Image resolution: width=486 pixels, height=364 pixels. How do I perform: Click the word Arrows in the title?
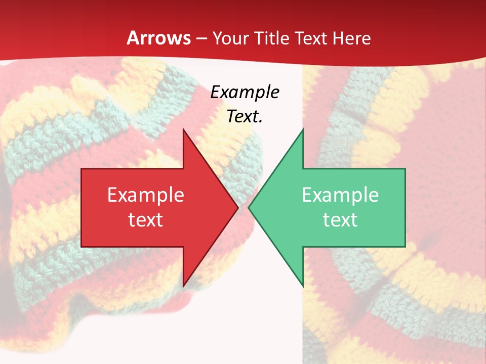click(x=158, y=38)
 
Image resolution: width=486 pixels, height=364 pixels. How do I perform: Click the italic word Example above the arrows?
click(x=245, y=92)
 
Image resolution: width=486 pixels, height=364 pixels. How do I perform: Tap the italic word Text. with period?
click(x=245, y=116)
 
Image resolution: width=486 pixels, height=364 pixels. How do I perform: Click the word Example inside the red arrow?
click(x=146, y=195)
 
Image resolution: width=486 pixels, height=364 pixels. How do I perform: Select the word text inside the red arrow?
click(x=146, y=219)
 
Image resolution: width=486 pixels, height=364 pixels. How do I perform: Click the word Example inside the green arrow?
click(x=340, y=195)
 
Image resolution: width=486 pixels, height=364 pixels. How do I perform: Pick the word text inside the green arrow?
click(x=340, y=219)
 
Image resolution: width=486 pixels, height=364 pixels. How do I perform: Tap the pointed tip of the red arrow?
click(x=238, y=207)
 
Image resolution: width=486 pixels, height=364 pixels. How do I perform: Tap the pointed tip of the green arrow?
click(x=249, y=207)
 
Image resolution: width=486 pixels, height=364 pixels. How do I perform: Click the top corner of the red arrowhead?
click(x=183, y=129)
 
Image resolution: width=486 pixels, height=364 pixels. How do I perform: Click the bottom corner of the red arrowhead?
click(x=183, y=286)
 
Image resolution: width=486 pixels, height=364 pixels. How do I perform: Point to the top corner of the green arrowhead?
click(x=303, y=129)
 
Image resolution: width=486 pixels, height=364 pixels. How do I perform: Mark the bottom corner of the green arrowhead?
click(x=303, y=286)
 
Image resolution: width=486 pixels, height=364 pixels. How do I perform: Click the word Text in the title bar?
click(x=311, y=38)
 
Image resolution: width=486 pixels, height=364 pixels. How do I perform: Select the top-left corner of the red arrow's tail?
click(x=82, y=169)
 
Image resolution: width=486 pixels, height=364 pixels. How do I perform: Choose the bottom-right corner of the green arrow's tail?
click(x=405, y=246)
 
